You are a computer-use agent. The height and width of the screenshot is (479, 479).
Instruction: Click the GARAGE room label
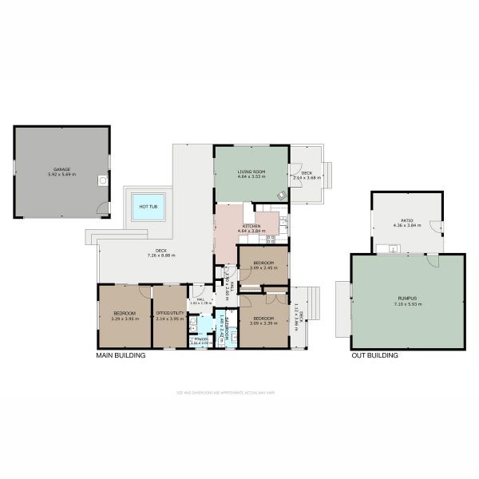[61, 168]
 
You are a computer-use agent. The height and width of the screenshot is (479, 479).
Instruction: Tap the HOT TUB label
[148, 206]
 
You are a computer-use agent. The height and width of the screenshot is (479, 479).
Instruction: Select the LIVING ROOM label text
[251, 172]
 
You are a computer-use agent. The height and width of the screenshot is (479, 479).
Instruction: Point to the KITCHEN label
[251, 227]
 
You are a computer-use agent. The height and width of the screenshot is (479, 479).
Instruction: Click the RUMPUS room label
[407, 298]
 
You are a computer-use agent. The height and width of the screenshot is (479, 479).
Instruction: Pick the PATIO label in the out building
[406, 221]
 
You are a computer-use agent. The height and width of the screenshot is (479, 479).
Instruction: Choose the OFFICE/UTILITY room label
[168, 312]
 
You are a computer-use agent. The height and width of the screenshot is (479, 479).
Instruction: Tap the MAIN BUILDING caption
[121, 355]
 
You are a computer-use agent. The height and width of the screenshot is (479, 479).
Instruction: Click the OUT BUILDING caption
[374, 355]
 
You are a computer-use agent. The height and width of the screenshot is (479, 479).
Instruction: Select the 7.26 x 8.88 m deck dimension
[160, 255]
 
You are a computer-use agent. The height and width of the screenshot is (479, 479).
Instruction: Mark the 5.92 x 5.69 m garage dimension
[61, 174]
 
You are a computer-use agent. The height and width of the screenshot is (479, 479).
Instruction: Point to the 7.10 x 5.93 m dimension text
[407, 303]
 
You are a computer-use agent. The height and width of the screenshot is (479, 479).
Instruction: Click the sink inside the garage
[102, 180]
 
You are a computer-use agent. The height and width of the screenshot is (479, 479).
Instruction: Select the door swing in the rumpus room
[431, 259]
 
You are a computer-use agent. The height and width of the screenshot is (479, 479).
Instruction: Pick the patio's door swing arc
[435, 227]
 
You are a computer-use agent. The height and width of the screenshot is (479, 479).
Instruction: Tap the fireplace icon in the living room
[281, 195]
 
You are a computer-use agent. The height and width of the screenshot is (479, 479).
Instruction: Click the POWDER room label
[199, 338]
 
